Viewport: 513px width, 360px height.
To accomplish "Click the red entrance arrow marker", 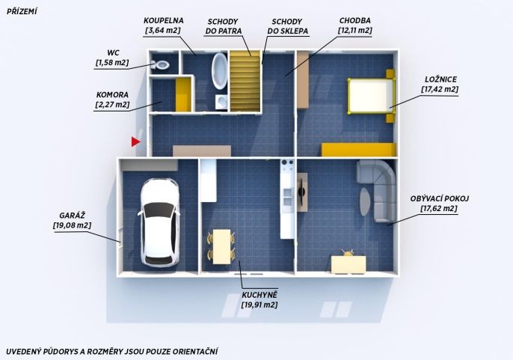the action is [135, 142].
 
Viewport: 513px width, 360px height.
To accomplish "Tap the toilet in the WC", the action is [161, 64].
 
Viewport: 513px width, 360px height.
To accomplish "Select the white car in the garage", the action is [160, 222].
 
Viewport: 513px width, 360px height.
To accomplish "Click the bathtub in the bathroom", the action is [220, 71].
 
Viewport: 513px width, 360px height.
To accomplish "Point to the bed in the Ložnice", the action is [371, 96].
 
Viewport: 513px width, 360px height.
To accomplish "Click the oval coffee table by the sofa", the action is [366, 201].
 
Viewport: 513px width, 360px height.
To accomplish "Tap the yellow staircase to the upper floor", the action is [245, 81].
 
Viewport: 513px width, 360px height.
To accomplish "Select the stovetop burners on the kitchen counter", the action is [287, 165].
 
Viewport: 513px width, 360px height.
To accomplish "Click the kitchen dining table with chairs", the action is [221, 247].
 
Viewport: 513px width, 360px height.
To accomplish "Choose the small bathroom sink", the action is [221, 102].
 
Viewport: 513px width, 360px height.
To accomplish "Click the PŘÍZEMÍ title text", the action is [22, 11].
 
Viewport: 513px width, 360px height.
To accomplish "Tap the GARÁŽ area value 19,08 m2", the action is [73, 225].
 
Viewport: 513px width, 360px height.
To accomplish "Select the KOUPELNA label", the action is [164, 20].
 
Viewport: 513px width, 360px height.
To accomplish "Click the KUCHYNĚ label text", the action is [259, 295].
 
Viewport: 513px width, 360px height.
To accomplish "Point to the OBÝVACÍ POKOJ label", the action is [440, 198].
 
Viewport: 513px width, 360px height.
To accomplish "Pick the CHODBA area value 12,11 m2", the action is [355, 31].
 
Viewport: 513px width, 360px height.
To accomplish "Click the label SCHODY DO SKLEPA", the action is [287, 26].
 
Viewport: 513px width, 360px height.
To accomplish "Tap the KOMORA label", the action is [112, 95].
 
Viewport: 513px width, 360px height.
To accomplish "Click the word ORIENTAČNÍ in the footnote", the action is [195, 352].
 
